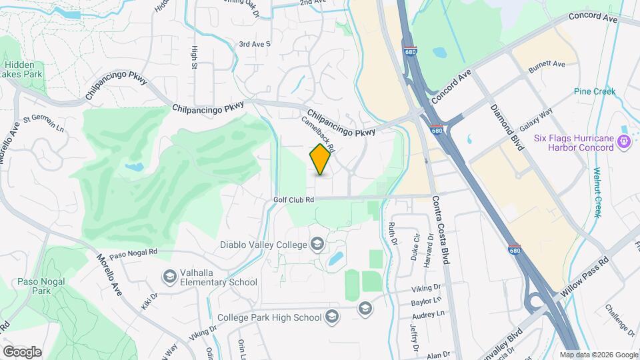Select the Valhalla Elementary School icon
(x=170, y=276)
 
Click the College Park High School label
(x=270, y=317)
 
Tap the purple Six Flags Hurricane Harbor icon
(x=624, y=141)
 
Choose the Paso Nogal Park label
(x=35, y=286)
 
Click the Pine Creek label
(x=595, y=91)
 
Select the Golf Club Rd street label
(x=293, y=199)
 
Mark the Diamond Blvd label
(x=505, y=127)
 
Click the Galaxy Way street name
(x=537, y=120)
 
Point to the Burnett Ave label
(x=547, y=65)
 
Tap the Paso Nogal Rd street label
(x=133, y=253)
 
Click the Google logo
(x=22, y=351)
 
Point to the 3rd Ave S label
(x=255, y=44)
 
